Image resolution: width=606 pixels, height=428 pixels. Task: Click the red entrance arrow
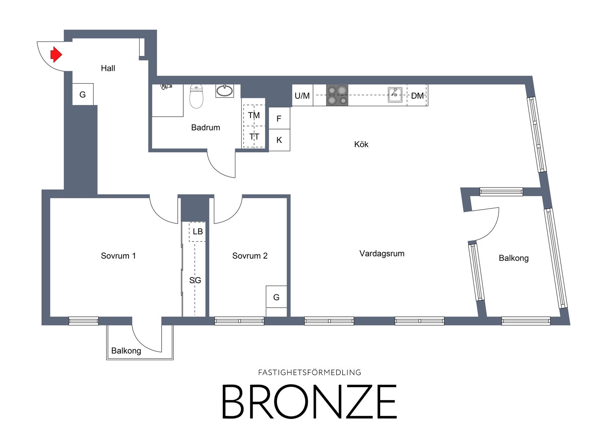56,55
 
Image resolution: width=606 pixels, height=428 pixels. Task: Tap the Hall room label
108,68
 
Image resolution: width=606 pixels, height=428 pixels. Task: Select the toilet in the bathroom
196,96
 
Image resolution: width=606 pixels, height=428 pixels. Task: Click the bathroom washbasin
224,91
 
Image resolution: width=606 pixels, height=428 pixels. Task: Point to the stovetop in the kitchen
337,95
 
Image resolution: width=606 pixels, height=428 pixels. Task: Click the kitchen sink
395,95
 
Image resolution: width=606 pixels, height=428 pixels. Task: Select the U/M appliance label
302,96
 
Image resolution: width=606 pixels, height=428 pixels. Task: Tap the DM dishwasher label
417,96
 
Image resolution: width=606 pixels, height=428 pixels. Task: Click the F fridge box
279,118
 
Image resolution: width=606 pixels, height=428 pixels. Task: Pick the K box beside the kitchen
279,140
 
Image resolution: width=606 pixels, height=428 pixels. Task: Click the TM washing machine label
254,116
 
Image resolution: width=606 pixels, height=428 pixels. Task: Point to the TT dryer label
254,137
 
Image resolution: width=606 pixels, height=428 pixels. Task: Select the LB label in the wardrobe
198,232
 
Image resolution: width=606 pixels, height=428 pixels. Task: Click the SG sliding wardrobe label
195,280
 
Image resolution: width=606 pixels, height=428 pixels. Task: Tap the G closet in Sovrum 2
276,297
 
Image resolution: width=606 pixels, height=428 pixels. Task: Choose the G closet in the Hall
83,94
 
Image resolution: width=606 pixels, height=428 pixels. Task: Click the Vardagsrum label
382,254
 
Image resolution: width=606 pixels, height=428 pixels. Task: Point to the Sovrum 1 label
118,256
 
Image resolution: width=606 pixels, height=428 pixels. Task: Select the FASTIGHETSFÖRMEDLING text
310,373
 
